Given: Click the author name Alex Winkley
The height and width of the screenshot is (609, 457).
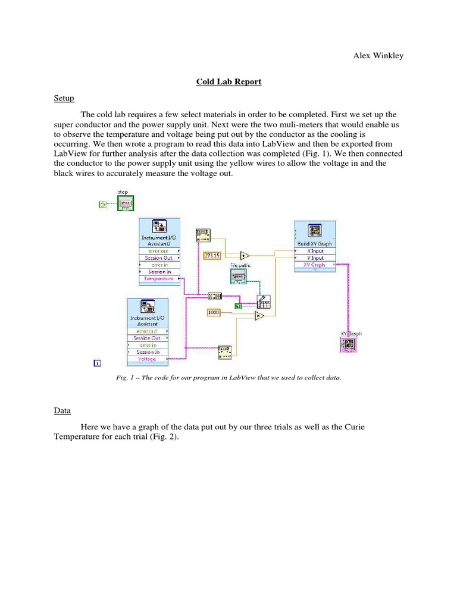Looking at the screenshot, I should [378, 56].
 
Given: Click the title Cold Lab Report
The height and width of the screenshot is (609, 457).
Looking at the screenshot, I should [228, 82].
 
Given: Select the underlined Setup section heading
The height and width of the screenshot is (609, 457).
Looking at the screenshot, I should [64, 98].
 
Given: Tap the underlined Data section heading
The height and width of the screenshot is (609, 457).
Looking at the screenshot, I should [62, 410].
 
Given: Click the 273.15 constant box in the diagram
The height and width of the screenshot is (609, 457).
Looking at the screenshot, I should [212, 256].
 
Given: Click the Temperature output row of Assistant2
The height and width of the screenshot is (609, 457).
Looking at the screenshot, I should [158, 278].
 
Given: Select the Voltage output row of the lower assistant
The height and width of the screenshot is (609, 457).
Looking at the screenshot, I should [147, 359].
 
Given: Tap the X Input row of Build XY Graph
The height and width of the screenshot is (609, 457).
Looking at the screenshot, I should [315, 251].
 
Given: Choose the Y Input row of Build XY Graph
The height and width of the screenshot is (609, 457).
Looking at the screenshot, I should [315, 258].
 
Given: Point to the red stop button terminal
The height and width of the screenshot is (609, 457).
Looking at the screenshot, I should [126, 205].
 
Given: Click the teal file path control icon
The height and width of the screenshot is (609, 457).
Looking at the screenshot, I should [238, 277].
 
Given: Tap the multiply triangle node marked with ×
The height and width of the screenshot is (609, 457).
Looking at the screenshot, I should [259, 316].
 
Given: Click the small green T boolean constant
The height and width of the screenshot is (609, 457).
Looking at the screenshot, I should [238, 306].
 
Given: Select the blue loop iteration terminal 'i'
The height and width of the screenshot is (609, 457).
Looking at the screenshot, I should [98, 362].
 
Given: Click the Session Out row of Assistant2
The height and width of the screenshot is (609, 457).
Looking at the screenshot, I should [158, 258].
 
